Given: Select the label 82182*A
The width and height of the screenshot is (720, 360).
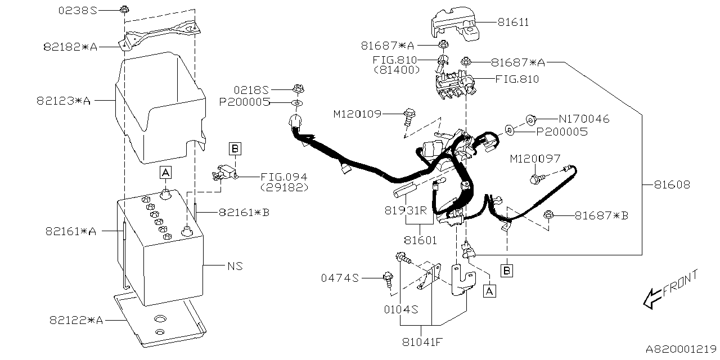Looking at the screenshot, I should pyautogui.click(x=70, y=47).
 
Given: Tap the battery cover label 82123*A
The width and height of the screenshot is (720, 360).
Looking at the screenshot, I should pyautogui.click(x=64, y=101).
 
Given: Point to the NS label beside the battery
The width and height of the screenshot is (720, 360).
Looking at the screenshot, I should pyautogui.click(x=235, y=265).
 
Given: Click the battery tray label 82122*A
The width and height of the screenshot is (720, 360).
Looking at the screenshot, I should pyautogui.click(x=76, y=320).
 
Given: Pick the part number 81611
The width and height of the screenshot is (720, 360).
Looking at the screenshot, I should pyautogui.click(x=513, y=22).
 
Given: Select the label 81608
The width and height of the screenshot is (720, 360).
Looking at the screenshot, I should pyautogui.click(x=672, y=184).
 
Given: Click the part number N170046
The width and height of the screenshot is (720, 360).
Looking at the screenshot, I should pyautogui.click(x=584, y=119).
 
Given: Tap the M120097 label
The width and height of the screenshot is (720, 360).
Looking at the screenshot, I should pyautogui.click(x=535, y=159).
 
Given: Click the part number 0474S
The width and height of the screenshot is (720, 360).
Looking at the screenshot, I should pyautogui.click(x=340, y=278).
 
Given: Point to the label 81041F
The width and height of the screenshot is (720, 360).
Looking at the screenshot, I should pyautogui.click(x=421, y=341).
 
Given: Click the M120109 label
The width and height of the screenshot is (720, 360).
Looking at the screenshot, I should pyautogui.click(x=357, y=114).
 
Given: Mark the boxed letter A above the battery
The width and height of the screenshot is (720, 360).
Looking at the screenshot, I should pyautogui.click(x=165, y=172).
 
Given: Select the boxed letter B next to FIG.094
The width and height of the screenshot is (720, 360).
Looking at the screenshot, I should pyautogui.click(x=235, y=148).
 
